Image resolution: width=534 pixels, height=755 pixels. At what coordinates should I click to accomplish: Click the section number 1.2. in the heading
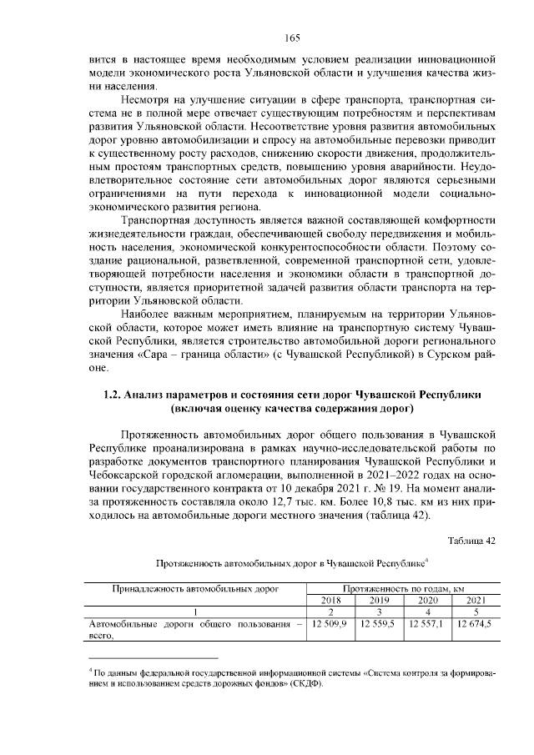(x=105, y=394)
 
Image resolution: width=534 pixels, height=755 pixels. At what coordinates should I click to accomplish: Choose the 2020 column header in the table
(x=427, y=600)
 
